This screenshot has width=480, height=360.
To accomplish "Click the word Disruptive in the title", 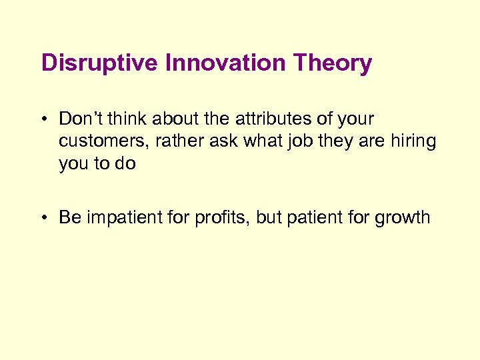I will pyautogui.click(x=100, y=64).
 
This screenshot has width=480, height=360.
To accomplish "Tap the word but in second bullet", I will pyautogui.click(x=271, y=217).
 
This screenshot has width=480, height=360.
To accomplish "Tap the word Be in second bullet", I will pyautogui.click(x=68, y=217).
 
